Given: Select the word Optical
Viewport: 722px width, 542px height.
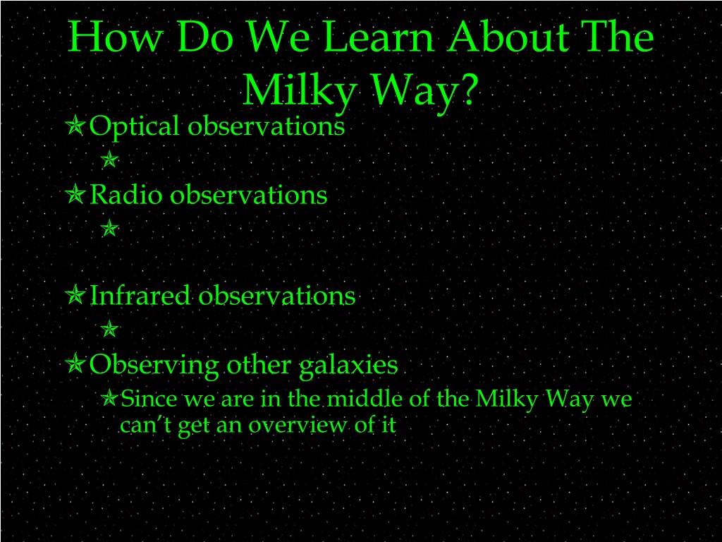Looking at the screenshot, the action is (134, 126).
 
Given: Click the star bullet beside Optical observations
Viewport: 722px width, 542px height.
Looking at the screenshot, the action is (75, 126).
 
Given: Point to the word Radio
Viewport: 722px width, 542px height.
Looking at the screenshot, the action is (126, 194).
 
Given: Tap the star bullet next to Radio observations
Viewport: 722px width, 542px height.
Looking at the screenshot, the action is (75, 194).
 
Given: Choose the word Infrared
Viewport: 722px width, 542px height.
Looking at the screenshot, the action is (140, 295).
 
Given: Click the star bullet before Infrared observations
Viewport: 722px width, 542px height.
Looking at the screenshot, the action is (75, 295).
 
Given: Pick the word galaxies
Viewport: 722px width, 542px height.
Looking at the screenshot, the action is (348, 366).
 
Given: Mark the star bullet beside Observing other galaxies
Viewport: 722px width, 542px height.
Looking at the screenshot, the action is (75, 364).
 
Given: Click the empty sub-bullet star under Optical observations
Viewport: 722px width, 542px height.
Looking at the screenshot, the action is (109, 159).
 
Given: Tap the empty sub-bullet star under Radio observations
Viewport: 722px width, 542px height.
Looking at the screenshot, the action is (109, 228).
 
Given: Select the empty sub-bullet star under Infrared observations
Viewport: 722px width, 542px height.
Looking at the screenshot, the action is (109, 329).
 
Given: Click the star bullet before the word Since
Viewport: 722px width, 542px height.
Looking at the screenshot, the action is (109, 398).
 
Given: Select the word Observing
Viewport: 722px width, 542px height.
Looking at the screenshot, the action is (154, 366).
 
